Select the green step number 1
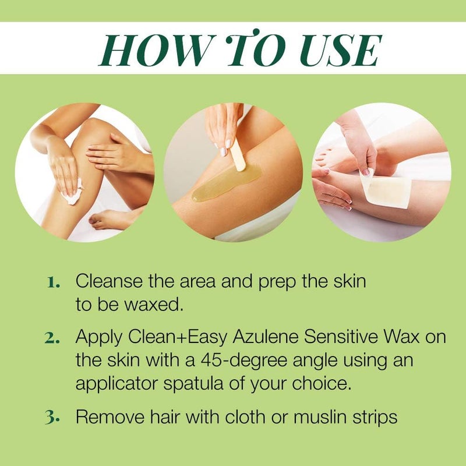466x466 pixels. [x=54, y=283]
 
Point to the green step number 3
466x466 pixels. [x=54, y=418]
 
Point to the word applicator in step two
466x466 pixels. [x=112, y=384]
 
